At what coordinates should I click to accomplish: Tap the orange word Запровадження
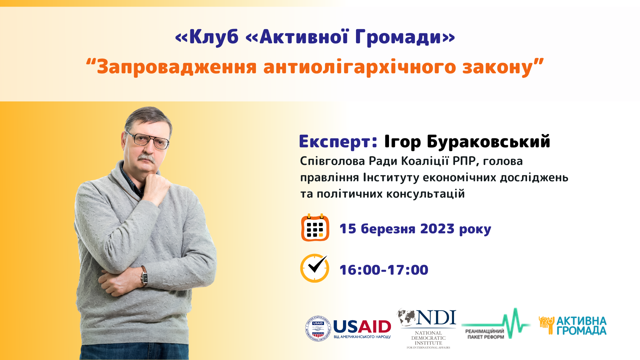pyautogui.click(x=177, y=67)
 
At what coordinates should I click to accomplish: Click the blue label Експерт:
pyautogui.click(x=338, y=141)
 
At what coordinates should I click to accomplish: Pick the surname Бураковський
pyautogui.click(x=488, y=141)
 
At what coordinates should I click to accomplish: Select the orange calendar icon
pyautogui.click(x=315, y=227)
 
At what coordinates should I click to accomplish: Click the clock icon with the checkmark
pyautogui.click(x=315, y=268)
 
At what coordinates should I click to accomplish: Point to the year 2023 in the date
pyautogui.click(x=437, y=229)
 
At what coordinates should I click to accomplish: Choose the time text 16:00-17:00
pyautogui.click(x=384, y=270)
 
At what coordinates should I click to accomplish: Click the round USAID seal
pyautogui.click(x=318, y=329)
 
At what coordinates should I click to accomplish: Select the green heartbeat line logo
pyautogui.click(x=496, y=323)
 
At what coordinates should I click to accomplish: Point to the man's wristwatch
pyautogui.click(x=144, y=276)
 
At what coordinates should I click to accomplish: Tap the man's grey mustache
pyautogui.click(x=147, y=158)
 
